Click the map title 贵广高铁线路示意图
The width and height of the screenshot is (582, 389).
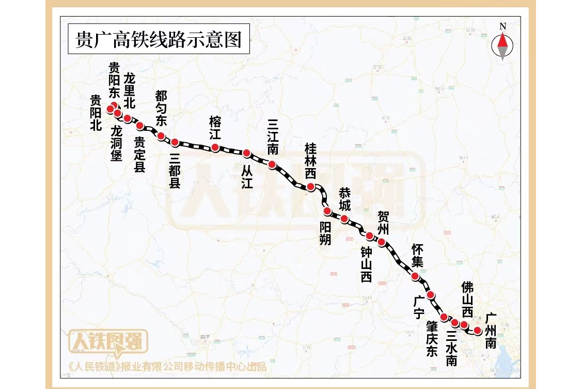(159, 39)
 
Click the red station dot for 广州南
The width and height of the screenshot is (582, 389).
(478, 330)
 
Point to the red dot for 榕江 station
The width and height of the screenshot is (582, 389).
(215, 147)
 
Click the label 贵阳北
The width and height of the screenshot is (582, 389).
(96, 113)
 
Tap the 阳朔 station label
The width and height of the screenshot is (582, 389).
(325, 233)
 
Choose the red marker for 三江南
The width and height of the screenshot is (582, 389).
(272, 165)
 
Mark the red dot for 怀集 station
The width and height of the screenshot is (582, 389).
(415, 276)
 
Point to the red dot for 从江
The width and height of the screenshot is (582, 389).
(246, 153)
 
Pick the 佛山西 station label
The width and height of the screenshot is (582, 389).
(467, 300)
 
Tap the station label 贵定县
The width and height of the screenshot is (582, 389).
(140, 154)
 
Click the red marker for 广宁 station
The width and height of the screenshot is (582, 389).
(431, 295)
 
